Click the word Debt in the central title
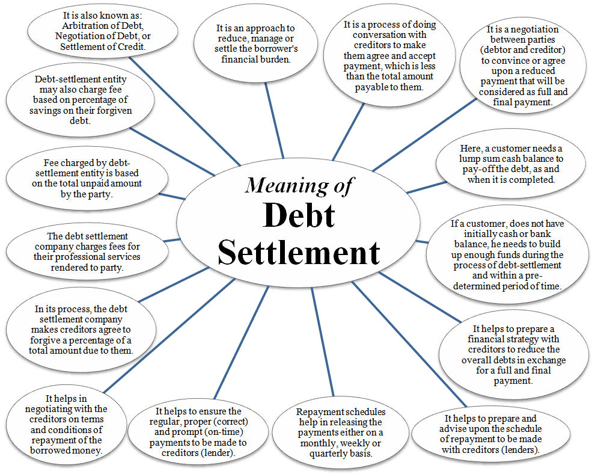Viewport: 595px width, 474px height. tap(299, 215)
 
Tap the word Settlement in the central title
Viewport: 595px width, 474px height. tap(299, 251)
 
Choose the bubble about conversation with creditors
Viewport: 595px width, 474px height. tap(389, 56)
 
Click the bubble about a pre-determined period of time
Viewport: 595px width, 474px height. tap(507, 255)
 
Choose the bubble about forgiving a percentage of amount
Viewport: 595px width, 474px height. tap(81, 330)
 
